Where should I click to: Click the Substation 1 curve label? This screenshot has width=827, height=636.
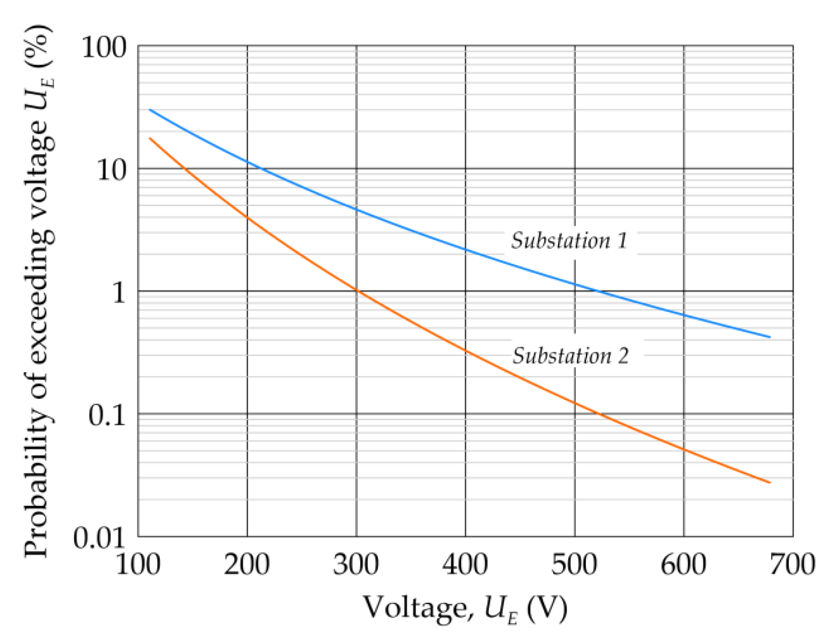569,241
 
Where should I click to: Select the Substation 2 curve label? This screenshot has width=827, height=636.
571,356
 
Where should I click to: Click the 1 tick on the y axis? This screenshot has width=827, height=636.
119,292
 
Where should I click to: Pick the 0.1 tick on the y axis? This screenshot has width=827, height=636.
107,415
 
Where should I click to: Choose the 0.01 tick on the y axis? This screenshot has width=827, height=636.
99,538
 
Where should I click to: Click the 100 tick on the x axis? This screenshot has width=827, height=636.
138,564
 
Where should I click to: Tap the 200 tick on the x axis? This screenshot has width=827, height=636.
247,564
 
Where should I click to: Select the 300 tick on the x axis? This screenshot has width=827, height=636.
356,564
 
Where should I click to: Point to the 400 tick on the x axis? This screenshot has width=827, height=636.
465,564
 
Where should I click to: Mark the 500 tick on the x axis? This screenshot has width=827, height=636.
575,564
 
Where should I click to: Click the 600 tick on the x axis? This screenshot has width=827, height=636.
684,564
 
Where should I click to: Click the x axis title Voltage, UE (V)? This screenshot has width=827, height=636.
465,608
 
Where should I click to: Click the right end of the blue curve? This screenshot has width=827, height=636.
770,337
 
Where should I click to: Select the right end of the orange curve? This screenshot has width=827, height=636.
770,483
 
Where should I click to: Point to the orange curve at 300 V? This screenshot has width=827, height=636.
356,291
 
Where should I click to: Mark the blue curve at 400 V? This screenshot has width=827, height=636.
465,250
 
